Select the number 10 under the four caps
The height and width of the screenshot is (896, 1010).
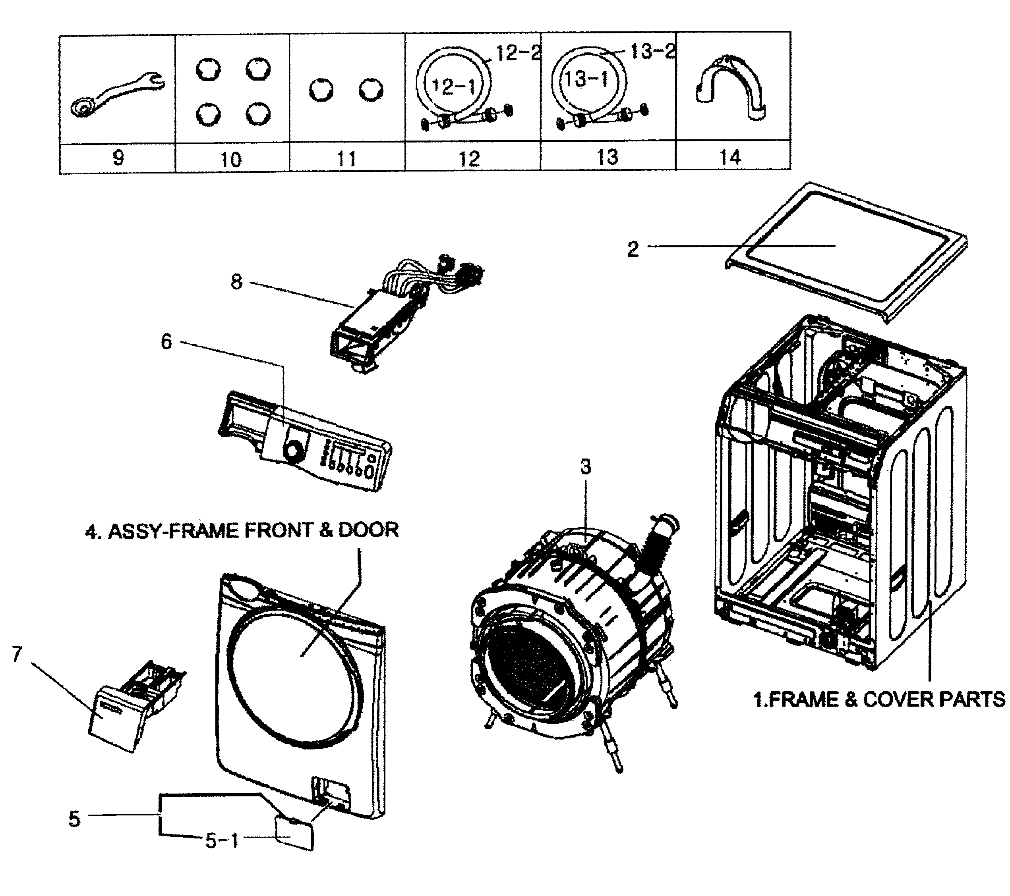pyautogui.click(x=231, y=160)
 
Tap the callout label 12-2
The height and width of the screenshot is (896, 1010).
pyautogui.click(x=517, y=52)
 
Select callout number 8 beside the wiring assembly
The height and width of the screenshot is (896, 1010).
pyautogui.click(x=237, y=282)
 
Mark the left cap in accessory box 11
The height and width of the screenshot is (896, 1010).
pyautogui.click(x=321, y=91)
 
